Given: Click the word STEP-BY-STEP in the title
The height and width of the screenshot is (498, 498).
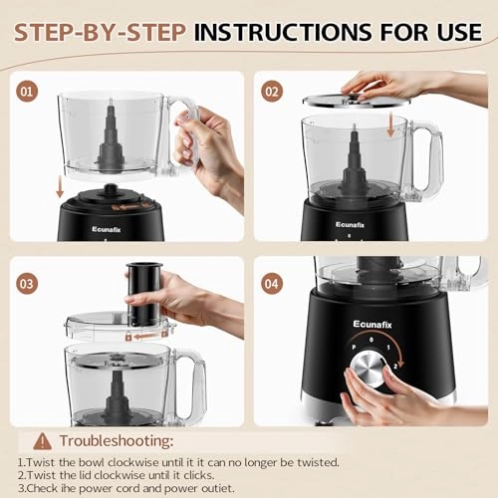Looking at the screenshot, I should (x=98, y=31).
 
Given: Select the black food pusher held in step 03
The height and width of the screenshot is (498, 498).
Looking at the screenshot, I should (x=145, y=295).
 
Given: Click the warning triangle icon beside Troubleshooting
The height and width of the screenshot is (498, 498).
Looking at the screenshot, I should (x=41, y=439).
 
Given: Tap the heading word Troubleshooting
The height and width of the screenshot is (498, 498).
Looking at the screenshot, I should (x=121, y=439).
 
